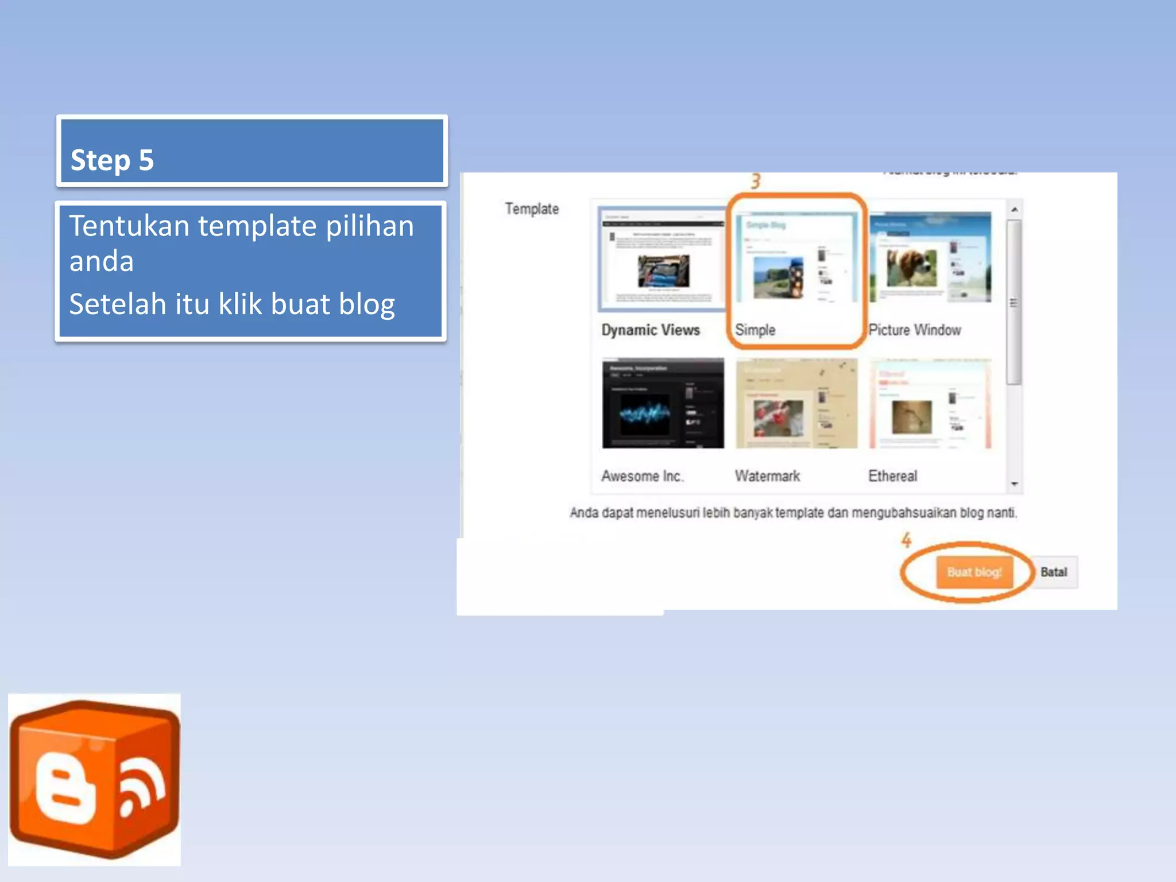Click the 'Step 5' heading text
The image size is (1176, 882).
coord(112,160)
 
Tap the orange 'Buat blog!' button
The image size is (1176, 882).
coord(974,572)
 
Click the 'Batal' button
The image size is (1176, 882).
coord(1054,572)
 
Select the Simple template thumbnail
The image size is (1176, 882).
coord(796,258)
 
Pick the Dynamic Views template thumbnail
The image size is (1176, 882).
coord(662,258)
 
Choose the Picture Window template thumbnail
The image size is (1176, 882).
coord(930,258)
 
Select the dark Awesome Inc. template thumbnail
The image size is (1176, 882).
coord(663,403)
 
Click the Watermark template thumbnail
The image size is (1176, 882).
coord(796,403)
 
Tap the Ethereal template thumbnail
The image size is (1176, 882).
coord(930,403)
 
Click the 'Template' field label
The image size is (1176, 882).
coord(532,209)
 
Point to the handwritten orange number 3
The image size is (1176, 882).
coord(756,181)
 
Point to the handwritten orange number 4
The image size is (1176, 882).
coord(906,540)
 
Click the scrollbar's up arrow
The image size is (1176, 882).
coord(1015,210)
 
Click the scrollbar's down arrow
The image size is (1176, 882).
coord(1015,484)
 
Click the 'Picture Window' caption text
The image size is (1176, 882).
coord(915,330)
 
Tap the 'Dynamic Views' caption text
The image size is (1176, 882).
coord(651,330)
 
